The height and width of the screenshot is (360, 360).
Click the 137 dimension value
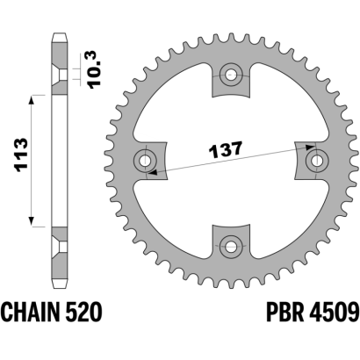226,150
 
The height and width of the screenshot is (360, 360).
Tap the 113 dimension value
21,155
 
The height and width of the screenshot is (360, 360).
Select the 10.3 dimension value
94,69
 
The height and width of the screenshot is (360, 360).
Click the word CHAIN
31,312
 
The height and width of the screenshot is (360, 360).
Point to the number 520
83,312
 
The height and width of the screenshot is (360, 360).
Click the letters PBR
284,312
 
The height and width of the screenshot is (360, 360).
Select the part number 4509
334,312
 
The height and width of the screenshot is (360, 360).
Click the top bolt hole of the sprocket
231,75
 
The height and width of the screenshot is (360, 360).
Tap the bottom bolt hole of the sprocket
231,246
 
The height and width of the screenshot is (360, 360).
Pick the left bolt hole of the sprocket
145,160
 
